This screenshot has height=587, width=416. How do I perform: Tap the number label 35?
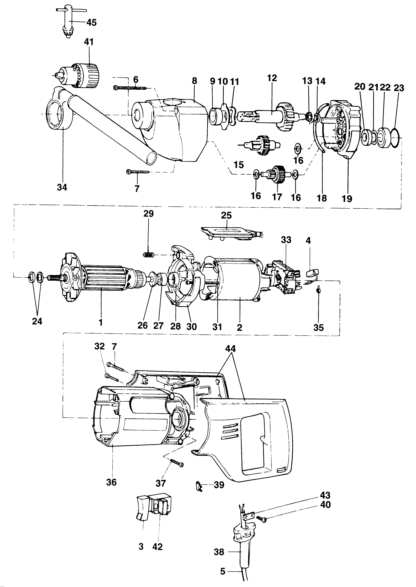click(318, 327)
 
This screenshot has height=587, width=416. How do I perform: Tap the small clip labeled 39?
click(199, 485)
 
